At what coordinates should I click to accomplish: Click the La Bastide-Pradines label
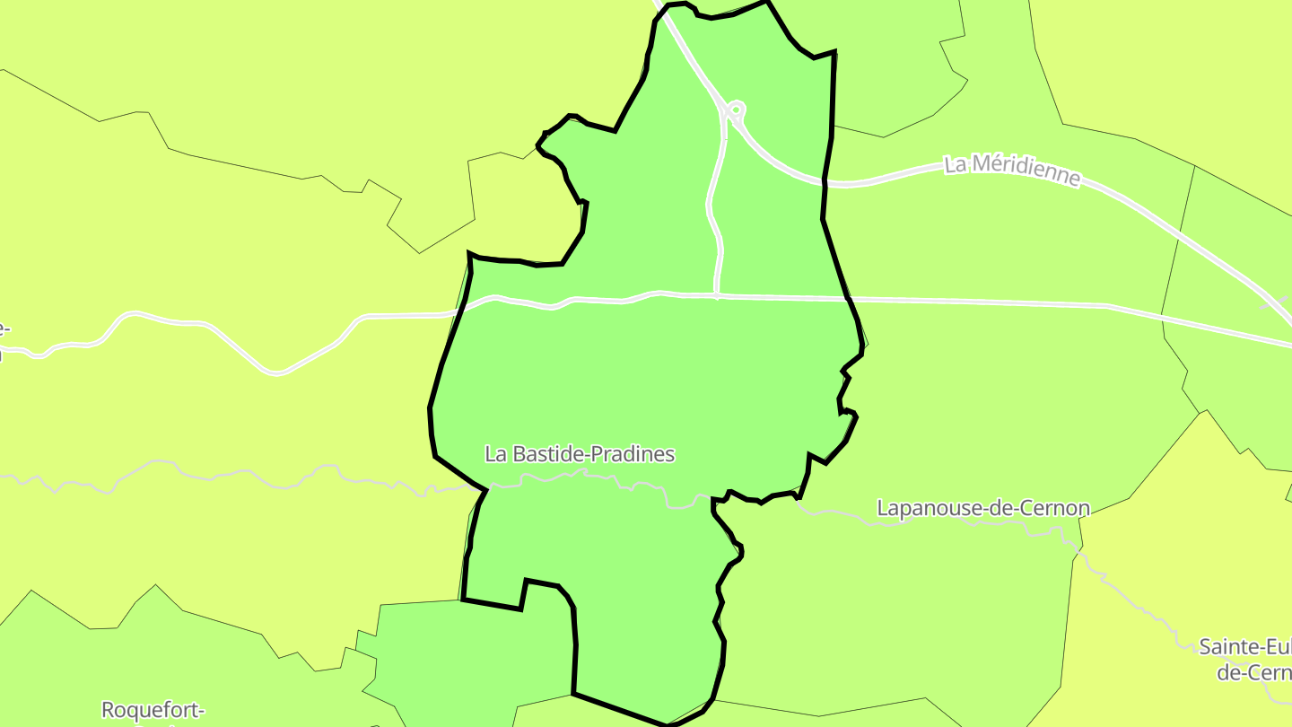tap(580, 454)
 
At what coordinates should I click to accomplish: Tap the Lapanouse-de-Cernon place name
tap(982, 509)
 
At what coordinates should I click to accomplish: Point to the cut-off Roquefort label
tap(153, 710)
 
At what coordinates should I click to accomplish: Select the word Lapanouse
tap(929, 509)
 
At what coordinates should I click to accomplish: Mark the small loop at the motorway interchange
tap(736, 110)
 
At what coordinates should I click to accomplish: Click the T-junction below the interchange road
tap(716, 294)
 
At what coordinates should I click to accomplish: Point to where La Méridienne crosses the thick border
tap(825, 181)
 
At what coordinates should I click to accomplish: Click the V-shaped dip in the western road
tap(277, 371)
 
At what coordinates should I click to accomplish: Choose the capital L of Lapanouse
tap(882, 509)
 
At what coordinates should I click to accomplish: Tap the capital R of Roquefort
tap(109, 710)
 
